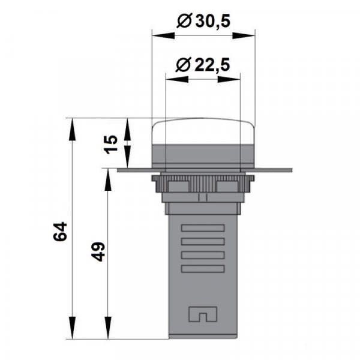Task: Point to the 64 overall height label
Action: pyautogui.click(x=60, y=232)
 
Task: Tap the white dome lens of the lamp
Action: pyautogui.click(x=203, y=132)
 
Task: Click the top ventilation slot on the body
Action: pyautogui.click(x=203, y=229)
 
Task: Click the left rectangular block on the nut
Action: pyautogui.click(x=175, y=185)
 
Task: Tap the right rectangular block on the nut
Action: pyautogui.click(x=230, y=185)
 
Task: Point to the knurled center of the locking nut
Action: pyautogui.click(x=202, y=182)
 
